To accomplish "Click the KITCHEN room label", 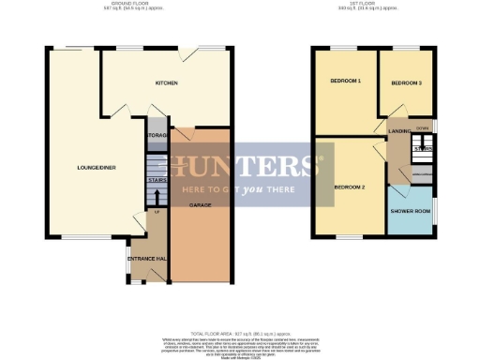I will [x=167, y=83].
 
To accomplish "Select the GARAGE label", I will [x=199, y=203].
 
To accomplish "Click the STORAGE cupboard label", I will [x=156, y=135].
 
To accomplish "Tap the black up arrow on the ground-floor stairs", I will [x=156, y=196].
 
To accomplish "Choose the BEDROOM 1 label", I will [x=346, y=82].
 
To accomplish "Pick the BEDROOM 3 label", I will [x=406, y=83].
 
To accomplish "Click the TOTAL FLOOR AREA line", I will [x=238, y=334].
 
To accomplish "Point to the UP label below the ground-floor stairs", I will [x=157, y=213].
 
